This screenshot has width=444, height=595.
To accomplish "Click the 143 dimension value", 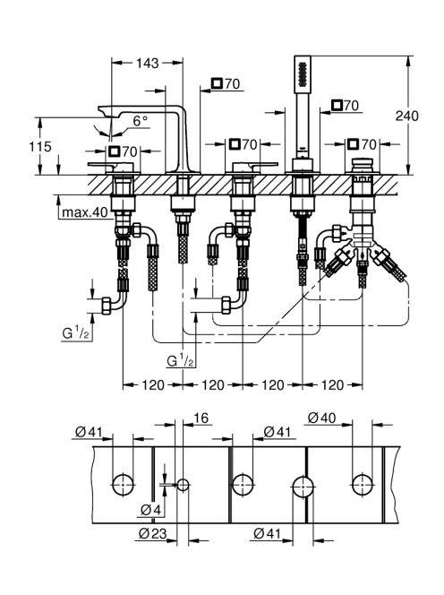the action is point(148,63).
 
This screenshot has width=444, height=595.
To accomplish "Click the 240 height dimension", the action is point(406,116).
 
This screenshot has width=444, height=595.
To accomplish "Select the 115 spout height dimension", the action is point(40,146).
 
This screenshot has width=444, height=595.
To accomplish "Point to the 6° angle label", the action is point(140,121).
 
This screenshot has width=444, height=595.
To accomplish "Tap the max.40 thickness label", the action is point(85,212).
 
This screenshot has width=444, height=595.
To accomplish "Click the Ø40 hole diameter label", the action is point(321,418).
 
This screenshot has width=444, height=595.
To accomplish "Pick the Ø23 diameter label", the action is point(152,533).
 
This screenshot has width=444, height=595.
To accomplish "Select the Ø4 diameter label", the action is point(150,510).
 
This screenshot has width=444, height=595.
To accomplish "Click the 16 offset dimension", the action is point(201,418).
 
